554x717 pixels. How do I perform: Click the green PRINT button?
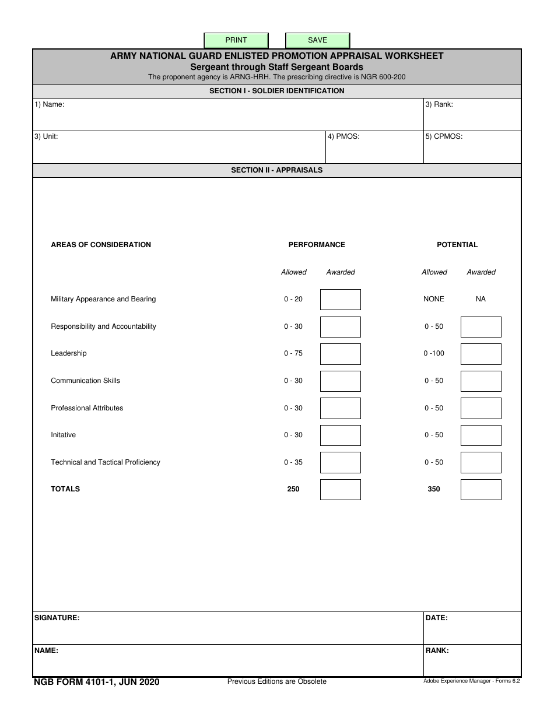click(236, 40)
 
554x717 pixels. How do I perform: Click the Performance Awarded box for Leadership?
click(341, 354)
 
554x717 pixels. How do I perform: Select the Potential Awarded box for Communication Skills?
click(481, 381)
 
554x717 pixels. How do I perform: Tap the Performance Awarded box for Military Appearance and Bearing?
click(341, 300)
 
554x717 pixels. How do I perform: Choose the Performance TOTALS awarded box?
click(341, 490)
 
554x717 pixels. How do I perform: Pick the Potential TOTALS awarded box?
click(481, 490)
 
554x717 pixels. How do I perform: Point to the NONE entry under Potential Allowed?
click(434, 299)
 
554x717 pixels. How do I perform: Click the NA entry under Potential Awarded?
click(481, 299)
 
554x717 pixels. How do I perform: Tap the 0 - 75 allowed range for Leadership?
click(293, 353)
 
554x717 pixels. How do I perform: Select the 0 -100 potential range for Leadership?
click(434, 353)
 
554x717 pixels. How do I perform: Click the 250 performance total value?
click(293, 489)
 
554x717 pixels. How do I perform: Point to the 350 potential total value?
click(434, 489)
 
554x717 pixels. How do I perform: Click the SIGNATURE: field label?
click(57, 618)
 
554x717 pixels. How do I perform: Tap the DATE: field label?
click(437, 618)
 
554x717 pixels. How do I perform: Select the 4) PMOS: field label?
click(343, 136)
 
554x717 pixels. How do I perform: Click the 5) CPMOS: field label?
click(444, 136)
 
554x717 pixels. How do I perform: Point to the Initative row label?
click(64, 435)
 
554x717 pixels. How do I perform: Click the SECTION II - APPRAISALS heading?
click(277, 170)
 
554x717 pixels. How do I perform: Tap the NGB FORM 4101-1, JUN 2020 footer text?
click(97, 681)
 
